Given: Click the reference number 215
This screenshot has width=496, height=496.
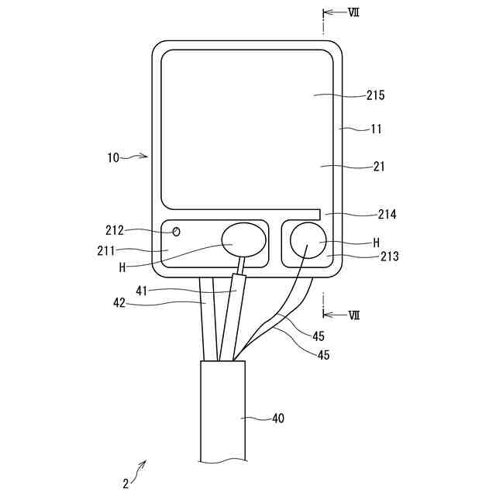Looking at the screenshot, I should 375,95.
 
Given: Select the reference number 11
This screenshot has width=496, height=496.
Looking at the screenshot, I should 375,129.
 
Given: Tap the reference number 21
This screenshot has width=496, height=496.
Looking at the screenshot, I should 377,166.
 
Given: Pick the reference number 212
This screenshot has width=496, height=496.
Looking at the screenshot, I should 115,229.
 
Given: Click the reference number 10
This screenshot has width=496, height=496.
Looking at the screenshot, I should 113,157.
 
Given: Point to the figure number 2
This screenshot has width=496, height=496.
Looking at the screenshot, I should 126,484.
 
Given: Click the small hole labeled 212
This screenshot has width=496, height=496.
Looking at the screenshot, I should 177,231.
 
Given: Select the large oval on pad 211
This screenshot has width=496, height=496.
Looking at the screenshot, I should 243,242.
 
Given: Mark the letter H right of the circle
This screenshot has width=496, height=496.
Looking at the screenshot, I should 376,242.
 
